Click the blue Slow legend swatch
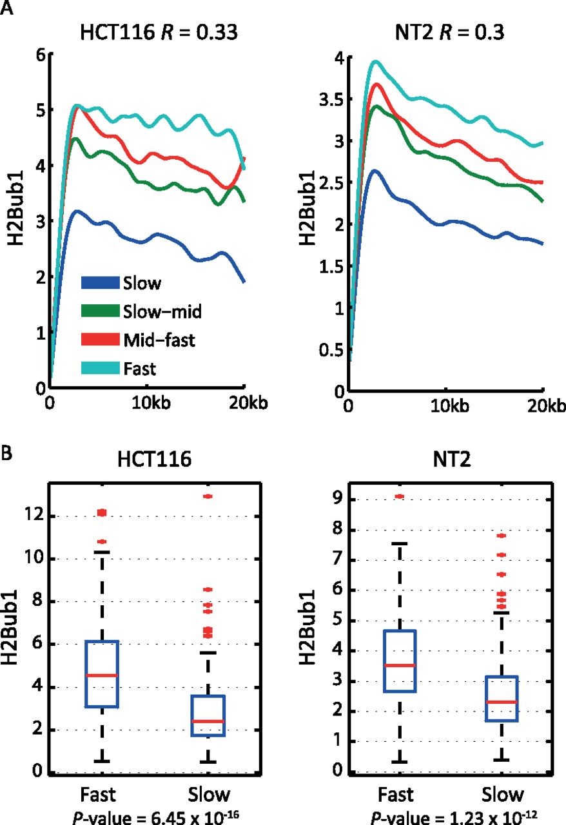coord(100,282)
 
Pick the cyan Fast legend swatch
coord(100,368)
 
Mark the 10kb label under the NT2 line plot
coord(445,406)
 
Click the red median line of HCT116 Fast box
coord(101,675)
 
